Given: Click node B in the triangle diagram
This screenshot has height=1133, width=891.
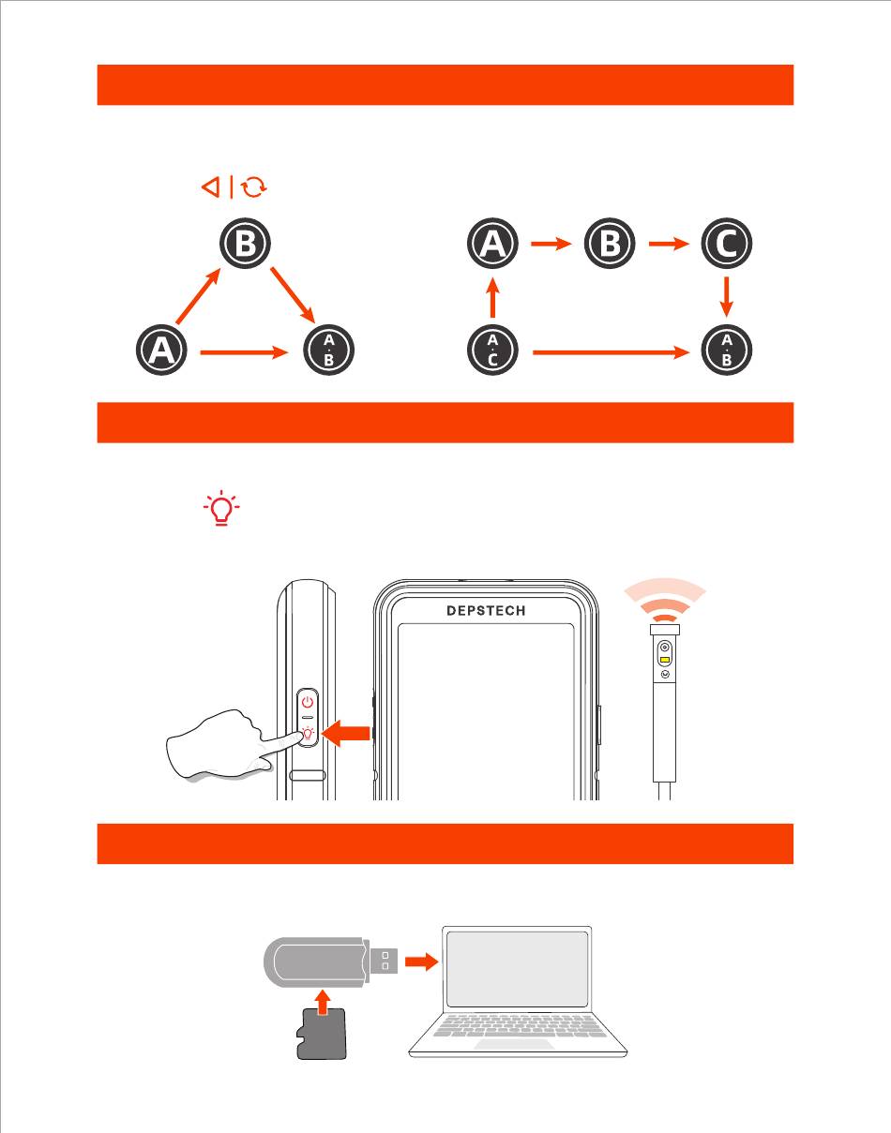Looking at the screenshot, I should (x=245, y=245).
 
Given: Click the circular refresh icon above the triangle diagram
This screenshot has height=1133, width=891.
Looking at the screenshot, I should (x=253, y=187).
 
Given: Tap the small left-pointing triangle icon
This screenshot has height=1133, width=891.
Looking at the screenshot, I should (x=210, y=187).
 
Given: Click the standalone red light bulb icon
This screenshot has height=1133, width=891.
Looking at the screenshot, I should (x=221, y=508).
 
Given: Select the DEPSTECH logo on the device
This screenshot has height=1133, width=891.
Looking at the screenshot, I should (x=486, y=611).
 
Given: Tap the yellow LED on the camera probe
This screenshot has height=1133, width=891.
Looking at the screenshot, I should (x=665, y=659).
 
